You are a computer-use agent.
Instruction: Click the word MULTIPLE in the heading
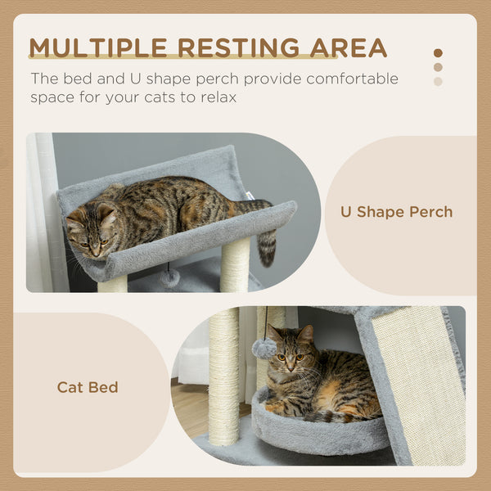(x=99, y=47)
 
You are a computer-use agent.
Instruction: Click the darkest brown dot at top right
(x=438, y=53)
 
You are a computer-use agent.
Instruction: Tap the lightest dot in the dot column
(x=438, y=81)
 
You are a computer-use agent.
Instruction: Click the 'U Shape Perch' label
(x=396, y=212)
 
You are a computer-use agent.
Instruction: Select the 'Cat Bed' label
(x=88, y=387)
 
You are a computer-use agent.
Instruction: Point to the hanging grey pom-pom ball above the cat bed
(x=264, y=348)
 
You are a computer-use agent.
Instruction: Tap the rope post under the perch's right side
(x=235, y=266)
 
